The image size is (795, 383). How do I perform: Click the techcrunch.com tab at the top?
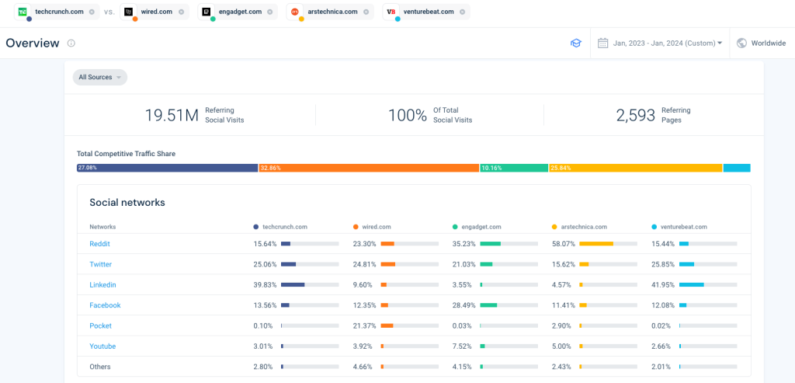point(56,12)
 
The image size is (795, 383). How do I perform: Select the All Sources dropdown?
point(100,77)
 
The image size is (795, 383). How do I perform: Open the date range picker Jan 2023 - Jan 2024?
point(661,44)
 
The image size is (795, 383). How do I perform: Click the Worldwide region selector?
point(761,44)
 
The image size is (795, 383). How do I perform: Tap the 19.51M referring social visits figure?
point(172,115)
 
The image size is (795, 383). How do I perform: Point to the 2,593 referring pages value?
point(636,115)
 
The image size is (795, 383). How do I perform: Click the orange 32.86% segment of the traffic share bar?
point(369,168)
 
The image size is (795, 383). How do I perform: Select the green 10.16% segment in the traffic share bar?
point(514,168)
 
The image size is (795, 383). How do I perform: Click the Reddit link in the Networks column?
point(99,244)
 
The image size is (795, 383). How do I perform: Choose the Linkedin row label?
point(102,285)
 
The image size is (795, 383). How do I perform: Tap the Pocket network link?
point(101,326)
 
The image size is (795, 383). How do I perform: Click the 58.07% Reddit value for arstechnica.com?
point(562,244)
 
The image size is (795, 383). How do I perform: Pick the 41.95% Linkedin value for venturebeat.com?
point(662,285)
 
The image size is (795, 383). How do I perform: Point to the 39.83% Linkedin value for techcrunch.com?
point(265,285)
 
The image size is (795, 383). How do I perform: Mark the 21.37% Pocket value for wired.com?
point(364,326)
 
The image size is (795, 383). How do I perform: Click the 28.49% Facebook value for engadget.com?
point(463,305)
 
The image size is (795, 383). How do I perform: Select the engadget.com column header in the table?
point(481,227)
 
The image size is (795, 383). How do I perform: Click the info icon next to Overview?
point(71,44)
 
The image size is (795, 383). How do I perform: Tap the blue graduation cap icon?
point(575,44)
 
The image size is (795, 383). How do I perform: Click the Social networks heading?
point(127,203)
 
